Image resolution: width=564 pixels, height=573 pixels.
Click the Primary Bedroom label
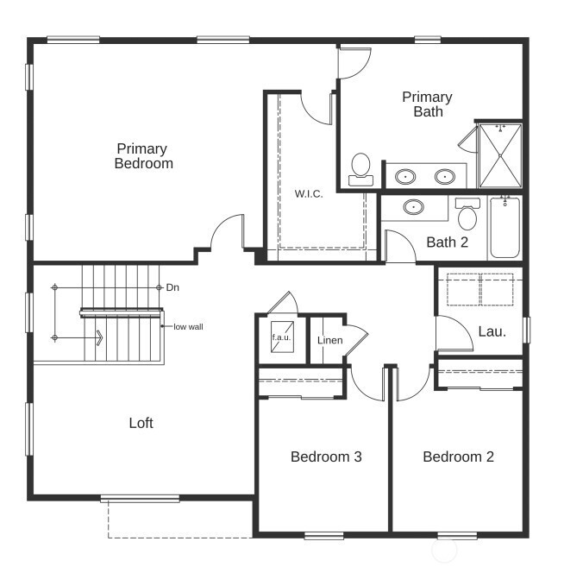tap(143, 156)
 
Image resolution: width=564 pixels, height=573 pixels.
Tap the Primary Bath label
tap(427, 104)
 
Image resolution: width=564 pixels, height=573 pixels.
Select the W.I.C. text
tap(309, 193)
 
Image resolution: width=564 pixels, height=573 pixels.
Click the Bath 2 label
tap(447, 242)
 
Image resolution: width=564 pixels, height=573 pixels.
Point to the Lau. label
tap(492, 331)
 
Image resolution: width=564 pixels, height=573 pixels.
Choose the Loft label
tap(141, 423)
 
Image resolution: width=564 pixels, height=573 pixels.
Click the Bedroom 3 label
tap(325, 457)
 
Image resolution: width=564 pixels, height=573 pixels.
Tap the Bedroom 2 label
tap(458, 457)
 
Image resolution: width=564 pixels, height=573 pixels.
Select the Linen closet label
tap(329, 340)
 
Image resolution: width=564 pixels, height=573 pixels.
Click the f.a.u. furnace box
tap(282, 338)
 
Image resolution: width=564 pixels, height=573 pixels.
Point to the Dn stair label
tap(172, 286)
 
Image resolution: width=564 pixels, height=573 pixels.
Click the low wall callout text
tap(188, 327)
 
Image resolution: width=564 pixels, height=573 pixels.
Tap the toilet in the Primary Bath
tap(360, 167)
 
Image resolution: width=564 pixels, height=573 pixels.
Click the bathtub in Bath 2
tap(504, 227)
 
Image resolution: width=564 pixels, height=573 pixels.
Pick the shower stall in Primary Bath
tap(499, 155)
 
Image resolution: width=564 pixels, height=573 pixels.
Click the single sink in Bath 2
tap(415, 207)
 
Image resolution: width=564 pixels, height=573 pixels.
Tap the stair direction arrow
tap(98, 337)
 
